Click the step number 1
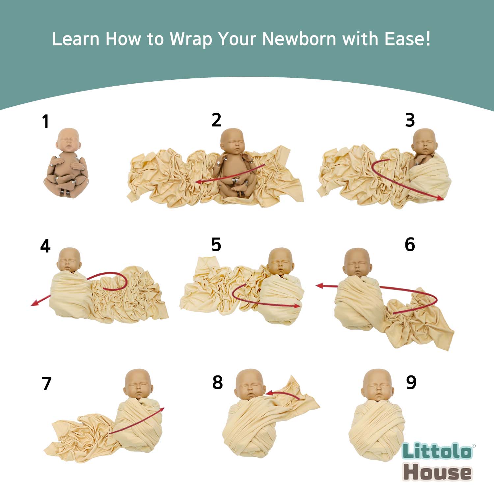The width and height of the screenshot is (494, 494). [x=45, y=121]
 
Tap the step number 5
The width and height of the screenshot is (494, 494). [x=216, y=245]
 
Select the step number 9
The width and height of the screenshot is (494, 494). [x=411, y=382]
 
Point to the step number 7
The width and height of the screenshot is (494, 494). [x=47, y=384]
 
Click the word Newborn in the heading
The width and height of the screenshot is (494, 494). [x=299, y=39]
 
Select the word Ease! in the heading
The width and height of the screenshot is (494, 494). [x=408, y=39]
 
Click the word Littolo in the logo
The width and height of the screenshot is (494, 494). [x=437, y=451]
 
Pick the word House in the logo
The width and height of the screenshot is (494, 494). [x=437, y=472]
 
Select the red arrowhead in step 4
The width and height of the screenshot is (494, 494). [x=34, y=303]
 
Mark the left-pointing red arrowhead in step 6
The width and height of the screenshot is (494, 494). [x=319, y=286]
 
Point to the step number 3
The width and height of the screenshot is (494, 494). [x=410, y=120]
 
